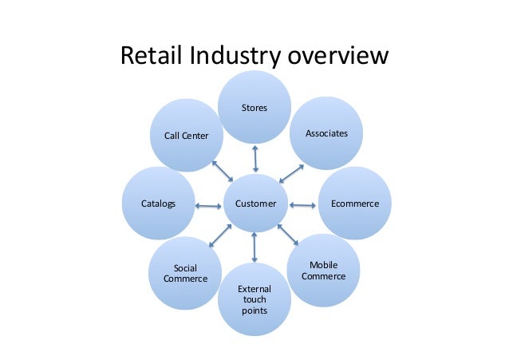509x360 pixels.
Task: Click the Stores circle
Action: click(254, 107)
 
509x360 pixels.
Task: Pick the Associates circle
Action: click(326, 133)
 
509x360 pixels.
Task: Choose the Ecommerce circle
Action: click(355, 204)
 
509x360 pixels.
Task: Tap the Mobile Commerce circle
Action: click(327, 271)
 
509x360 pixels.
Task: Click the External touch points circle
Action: click(254, 299)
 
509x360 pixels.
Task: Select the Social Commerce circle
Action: click(186, 273)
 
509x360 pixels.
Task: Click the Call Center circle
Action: click(186, 135)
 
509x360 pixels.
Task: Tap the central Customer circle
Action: click(255, 204)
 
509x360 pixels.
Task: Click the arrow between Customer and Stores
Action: click(254, 159)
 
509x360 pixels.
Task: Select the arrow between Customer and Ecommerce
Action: click(302, 204)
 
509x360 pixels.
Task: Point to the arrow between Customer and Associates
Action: click(289, 172)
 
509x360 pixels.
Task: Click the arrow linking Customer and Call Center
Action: click(222, 170)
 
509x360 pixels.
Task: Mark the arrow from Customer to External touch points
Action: click(254, 247)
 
